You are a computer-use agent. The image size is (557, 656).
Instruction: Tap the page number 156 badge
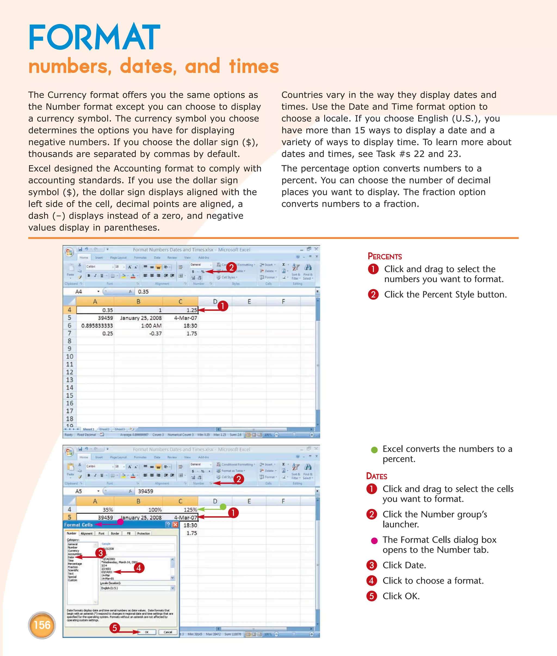click(42, 625)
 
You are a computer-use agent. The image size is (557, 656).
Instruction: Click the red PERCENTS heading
click(385, 256)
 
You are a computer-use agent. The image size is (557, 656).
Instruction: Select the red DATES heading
click(376, 476)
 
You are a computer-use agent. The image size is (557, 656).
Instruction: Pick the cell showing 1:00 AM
click(151, 326)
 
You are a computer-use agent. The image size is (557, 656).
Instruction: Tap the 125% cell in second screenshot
click(190, 510)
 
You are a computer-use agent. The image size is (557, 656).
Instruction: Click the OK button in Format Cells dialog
click(147, 632)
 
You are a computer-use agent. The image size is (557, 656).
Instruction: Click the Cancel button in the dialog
click(168, 632)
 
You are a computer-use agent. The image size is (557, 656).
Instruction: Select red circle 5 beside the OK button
click(115, 628)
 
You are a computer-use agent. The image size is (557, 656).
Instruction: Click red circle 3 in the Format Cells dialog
click(100, 553)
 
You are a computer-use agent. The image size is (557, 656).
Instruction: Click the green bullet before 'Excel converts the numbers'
click(374, 450)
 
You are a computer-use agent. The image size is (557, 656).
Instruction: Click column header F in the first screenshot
click(283, 301)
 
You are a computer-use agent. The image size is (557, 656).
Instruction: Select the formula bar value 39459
click(145, 491)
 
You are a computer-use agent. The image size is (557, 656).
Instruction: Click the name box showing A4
click(79, 292)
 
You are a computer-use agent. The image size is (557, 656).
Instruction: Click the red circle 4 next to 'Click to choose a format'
click(371, 580)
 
